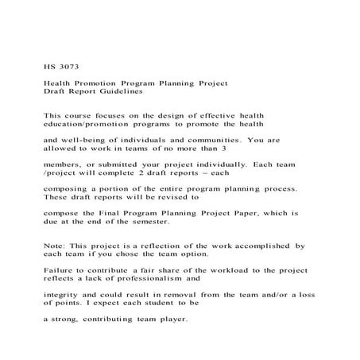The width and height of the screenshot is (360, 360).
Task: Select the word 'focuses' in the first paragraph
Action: point(112,115)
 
